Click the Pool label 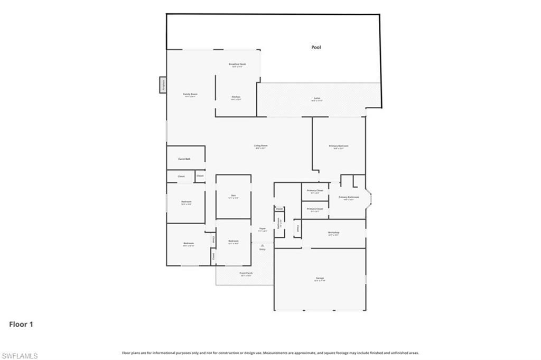point(316,48)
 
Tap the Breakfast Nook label point(237,64)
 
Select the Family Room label point(190,94)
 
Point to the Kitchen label point(236,97)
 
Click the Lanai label point(317,98)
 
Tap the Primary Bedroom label point(339,146)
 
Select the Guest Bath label point(184,159)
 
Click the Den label point(233,196)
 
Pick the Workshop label point(333,232)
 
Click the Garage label point(320,278)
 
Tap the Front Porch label point(246,273)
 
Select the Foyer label point(262,229)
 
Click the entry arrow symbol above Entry point(263,245)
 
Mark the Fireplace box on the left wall point(163,84)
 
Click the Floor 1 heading point(21,324)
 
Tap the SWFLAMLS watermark point(20,356)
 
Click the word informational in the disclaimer point(163,353)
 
